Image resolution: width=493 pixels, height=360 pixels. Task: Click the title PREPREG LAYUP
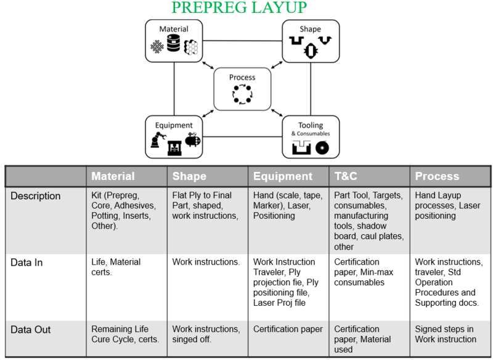(238, 8)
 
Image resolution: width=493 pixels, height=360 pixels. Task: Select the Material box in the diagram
(174, 41)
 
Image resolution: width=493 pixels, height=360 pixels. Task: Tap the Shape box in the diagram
(311, 41)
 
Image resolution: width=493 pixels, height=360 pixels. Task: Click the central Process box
(242, 89)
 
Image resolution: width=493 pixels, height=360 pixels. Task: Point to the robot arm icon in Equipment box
(157, 142)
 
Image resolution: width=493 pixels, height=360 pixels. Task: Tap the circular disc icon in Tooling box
(322, 148)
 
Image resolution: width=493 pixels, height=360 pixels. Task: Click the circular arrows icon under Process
(242, 94)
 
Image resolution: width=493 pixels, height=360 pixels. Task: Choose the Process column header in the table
(437, 176)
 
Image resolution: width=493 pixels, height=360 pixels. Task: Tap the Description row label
(36, 196)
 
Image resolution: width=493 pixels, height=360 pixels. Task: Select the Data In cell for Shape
(206, 262)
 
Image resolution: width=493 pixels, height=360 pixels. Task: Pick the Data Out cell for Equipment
(288, 329)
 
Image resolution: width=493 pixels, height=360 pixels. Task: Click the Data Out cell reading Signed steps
(445, 334)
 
